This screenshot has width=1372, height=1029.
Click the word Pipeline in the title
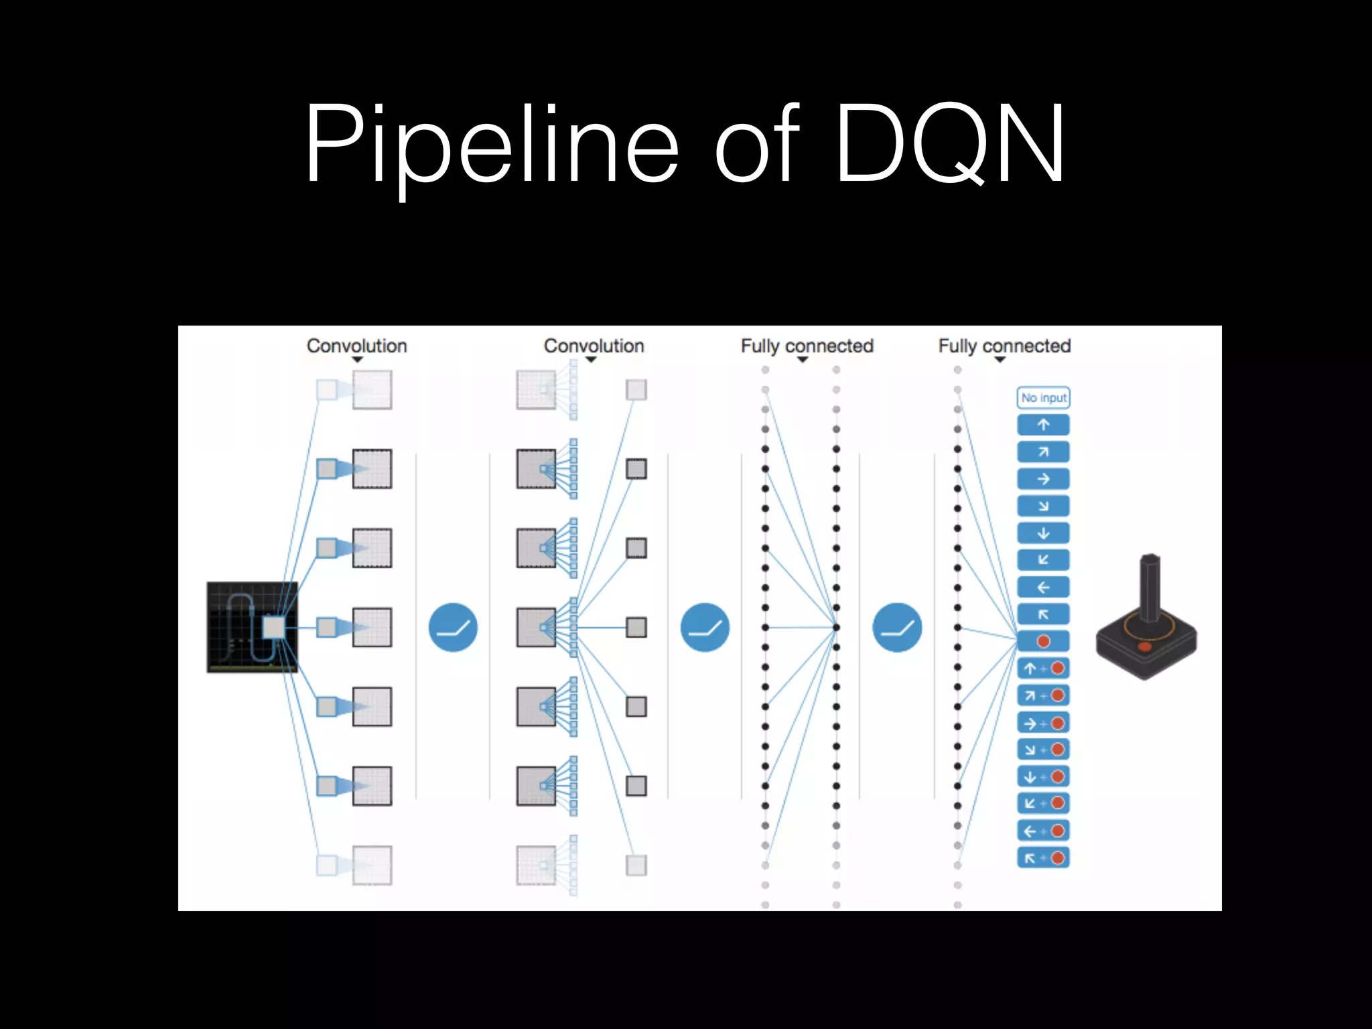pyautogui.click(x=492, y=144)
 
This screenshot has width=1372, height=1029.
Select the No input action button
pyautogui.click(x=1043, y=397)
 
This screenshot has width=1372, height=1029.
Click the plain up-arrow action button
pyautogui.click(x=1043, y=425)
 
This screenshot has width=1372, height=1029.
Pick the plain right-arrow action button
pyautogui.click(x=1043, y=479)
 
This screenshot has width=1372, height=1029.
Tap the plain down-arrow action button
pyautogui.click(x=1043, y=533)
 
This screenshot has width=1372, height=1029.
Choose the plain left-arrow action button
pyautogui.click(x=1043, y=588)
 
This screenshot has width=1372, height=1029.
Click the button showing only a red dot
pyautogui.click(x=1043, y=641)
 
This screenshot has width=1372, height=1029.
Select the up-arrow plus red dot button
pyautogui.click(x=1043, y=669)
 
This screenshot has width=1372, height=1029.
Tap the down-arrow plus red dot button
pyautogui.click(x=1043, y=776)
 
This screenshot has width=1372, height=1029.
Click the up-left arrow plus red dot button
pyautogui.click(x=1043, y=857)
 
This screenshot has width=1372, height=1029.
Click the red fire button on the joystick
pyautogui.click(x=1144, y=646)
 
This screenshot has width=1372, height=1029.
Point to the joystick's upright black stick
pyautogui.click(x=1150, y=586)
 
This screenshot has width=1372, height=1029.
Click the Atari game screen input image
pyautogui.click(x=252, y=627)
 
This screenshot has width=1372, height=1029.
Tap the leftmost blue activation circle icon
pyautogui.click(x=453, y=628)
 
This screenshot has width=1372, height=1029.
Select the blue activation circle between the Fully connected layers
pyautogui.click(x=897, y=628)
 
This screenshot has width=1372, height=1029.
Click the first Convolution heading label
pyautogui.click(x=356, y=346)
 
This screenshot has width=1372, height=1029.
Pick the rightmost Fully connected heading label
pyautogui.click(x=1004, y=346)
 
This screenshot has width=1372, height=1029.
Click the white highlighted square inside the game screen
pyautogui.click(x=273, y=628)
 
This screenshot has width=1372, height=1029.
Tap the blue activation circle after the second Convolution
pyautogui.click(x=705, y=628)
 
